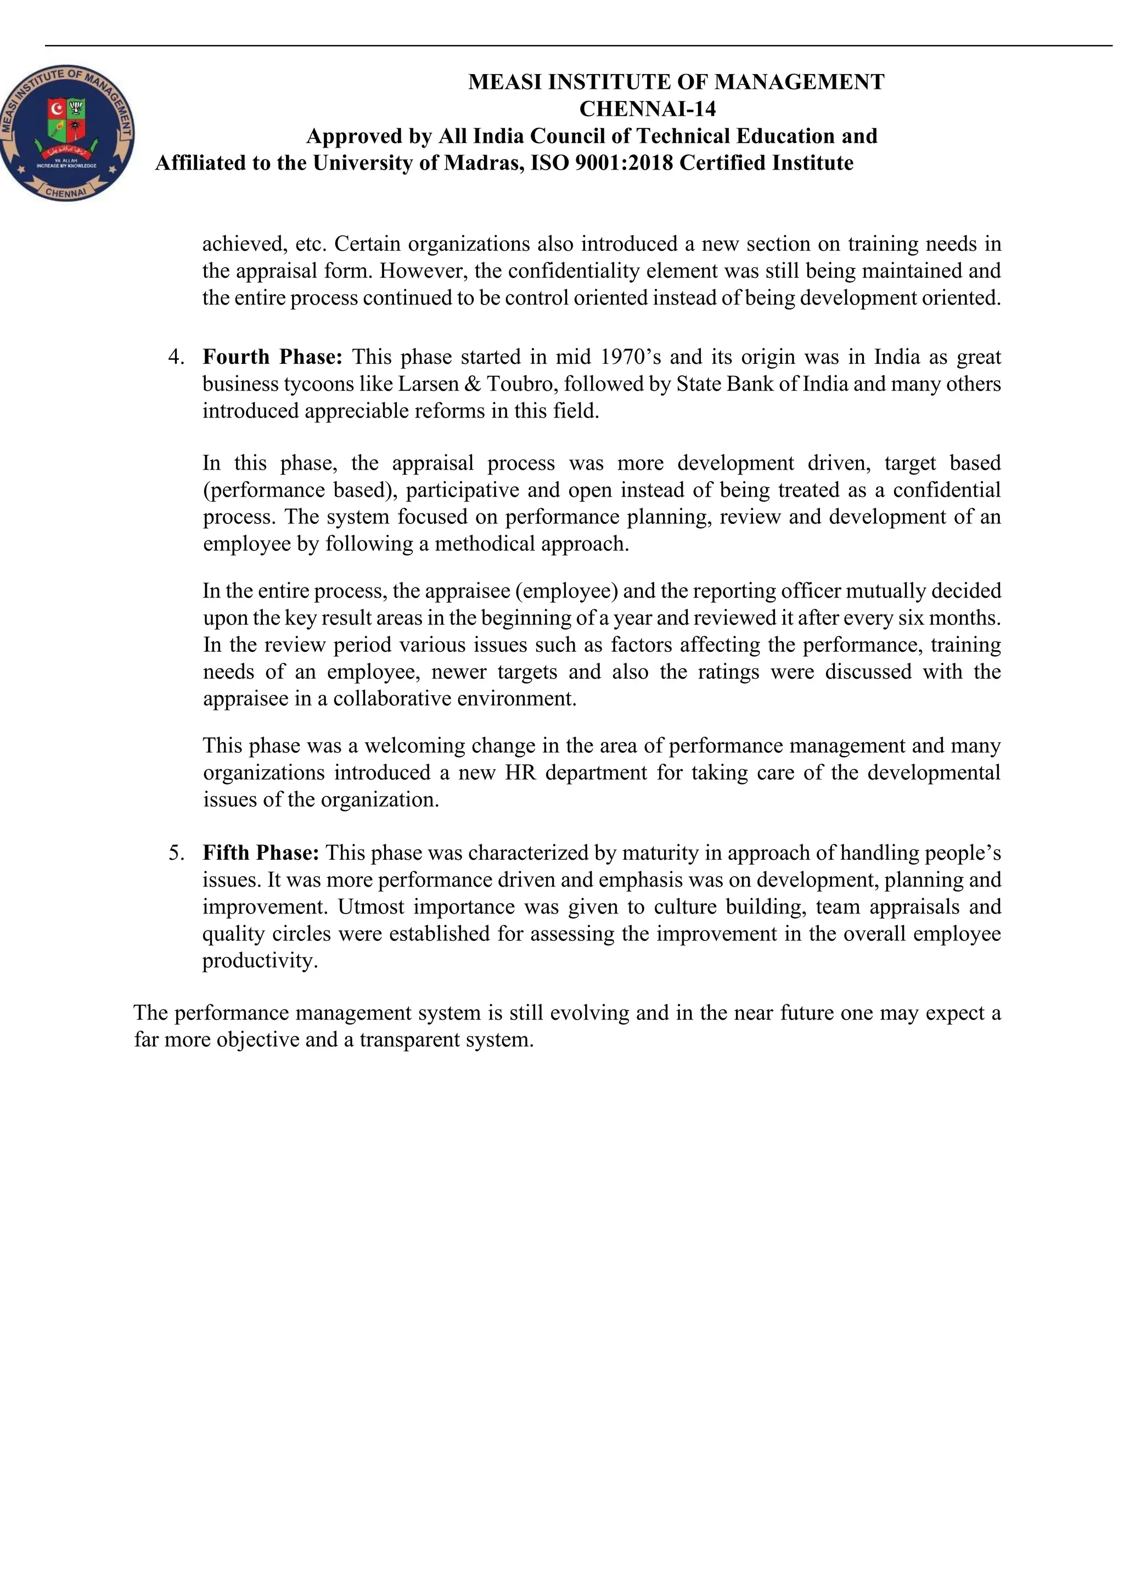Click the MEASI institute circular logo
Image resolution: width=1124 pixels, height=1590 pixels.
point(67,134)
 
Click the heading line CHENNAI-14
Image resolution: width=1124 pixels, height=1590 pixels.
point(647,109)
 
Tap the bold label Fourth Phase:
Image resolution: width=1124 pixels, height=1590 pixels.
point(272,357)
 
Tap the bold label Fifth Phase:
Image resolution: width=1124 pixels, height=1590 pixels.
point(260,853)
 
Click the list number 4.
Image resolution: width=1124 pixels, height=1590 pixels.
point(176,357)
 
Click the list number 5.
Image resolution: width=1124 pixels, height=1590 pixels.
point(176,853)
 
